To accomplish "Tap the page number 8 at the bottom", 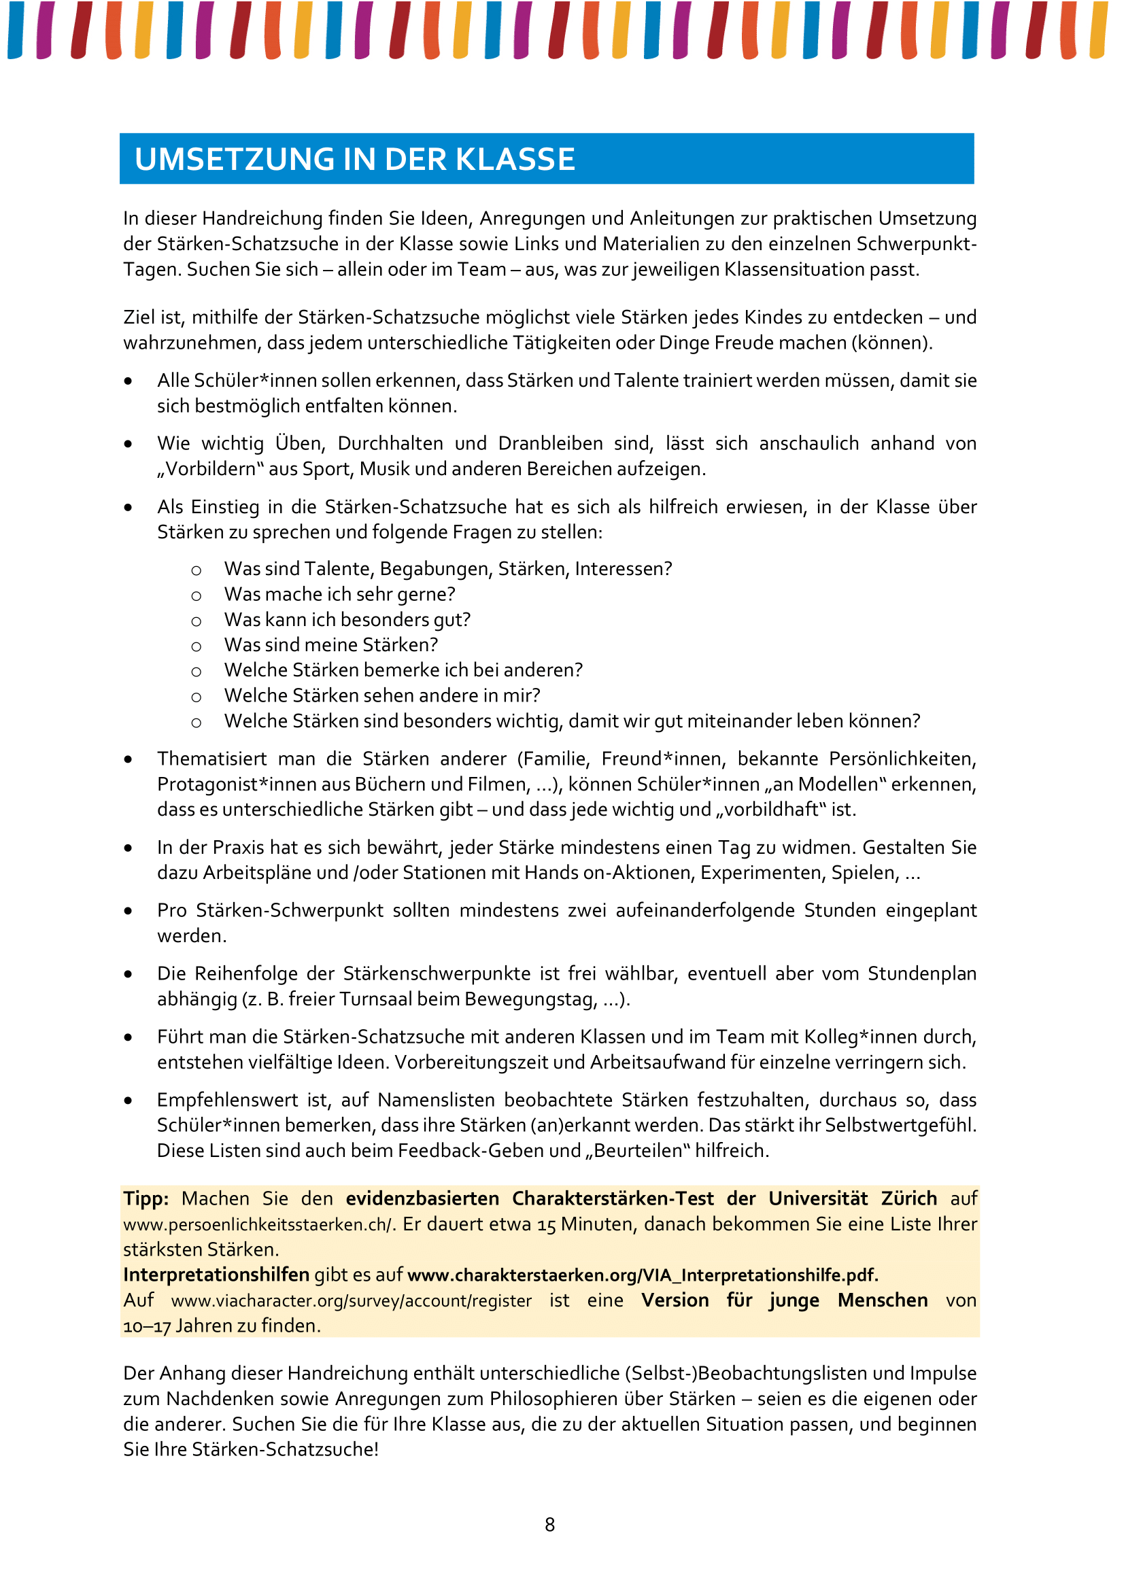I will click(550, 1524).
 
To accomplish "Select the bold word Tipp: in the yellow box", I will click(146, 1198).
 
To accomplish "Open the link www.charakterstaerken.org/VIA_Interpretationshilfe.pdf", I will click(643, 1275).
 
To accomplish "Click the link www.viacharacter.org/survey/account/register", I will click(352, 1300).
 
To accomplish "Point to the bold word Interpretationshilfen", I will click(216, 1275).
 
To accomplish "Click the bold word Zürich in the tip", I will click(908, 1198).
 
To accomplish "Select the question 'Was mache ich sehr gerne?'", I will click(339, 594).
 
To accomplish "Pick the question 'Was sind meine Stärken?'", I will click(331, 644).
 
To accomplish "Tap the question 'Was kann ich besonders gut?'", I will click(347, 620).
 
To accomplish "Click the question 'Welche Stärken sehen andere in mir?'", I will click(381, 695).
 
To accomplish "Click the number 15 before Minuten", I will click(547, 1225).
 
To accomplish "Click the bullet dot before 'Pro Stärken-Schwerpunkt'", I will click(128, 912).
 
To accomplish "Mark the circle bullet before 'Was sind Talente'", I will click(197, 570).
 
